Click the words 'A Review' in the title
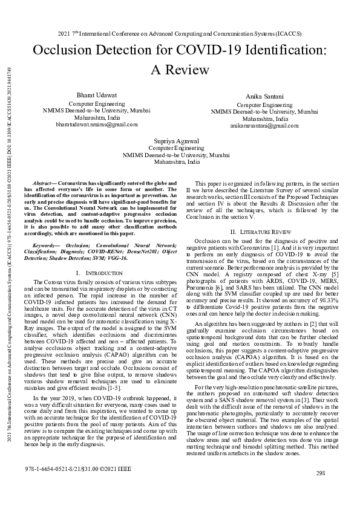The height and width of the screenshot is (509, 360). [x=180, y=70]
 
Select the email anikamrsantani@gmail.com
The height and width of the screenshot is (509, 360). [x=264, y=126]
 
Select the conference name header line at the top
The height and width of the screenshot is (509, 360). [x=180, y=34]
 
